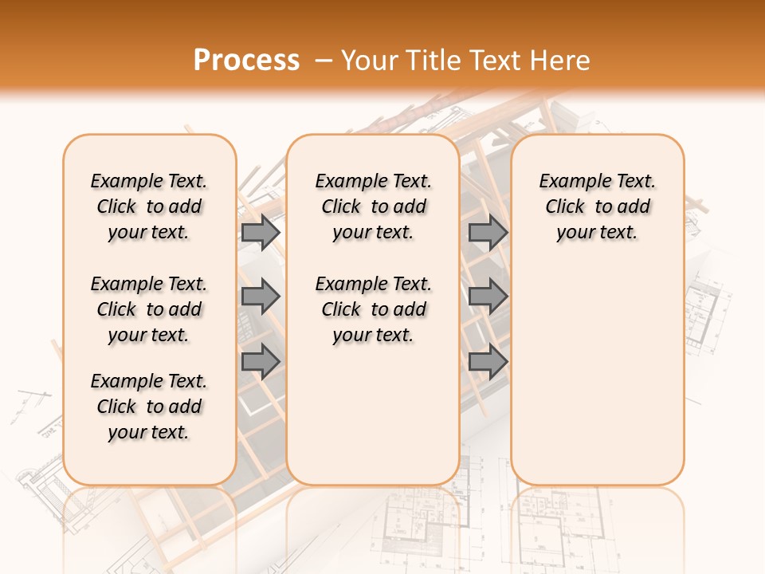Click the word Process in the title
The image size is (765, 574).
(x=246, y=61)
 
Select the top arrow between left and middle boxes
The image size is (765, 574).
(x=261, y=232)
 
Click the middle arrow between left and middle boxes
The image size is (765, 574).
(x=261, y=297)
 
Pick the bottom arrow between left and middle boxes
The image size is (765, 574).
(x=261, y=362)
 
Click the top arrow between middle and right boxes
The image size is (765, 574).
(x=488, y=232)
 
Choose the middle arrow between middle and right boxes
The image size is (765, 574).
(x=488, y=297)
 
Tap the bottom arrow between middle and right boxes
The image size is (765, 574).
(x=488, y=362)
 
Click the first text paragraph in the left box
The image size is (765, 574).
(x=149, y=206)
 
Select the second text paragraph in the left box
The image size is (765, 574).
(x=149, y=309)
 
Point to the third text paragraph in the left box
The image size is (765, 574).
(x=149, y=407)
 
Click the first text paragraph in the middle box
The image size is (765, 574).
(x=373, y=206)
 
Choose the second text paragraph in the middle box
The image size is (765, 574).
(x=373, y=309)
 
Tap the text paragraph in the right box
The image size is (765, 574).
(x=597, y=206)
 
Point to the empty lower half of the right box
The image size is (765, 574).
(x=597, y=383)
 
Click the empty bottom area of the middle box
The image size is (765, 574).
(x=373, y=423)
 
